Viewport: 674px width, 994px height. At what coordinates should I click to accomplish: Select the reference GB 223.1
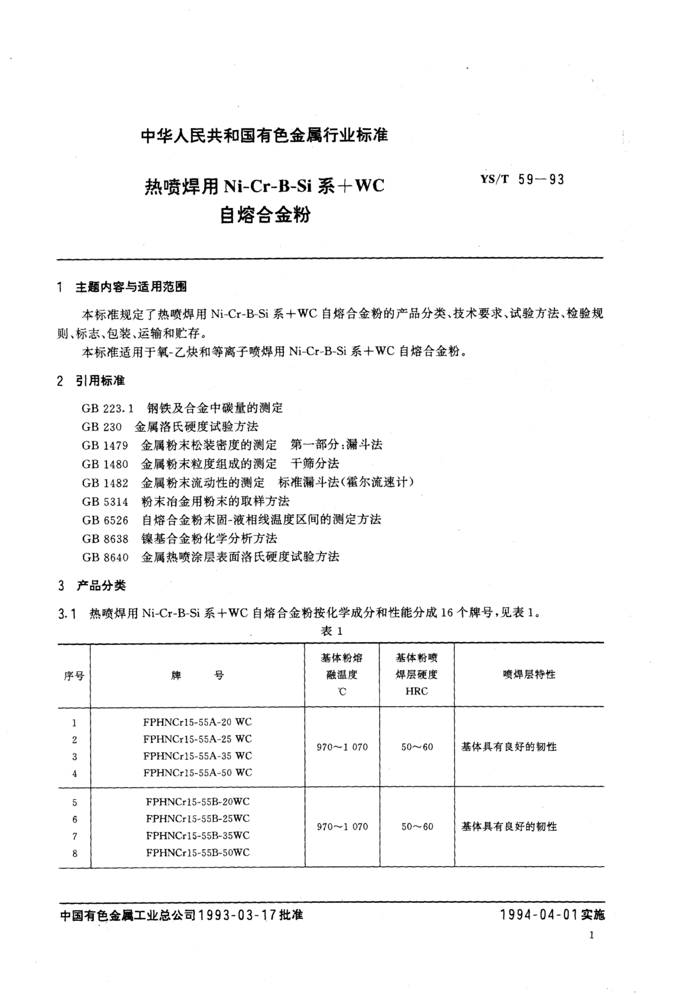click(107, 408)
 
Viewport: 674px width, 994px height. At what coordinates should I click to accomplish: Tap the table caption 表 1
click(331, 631)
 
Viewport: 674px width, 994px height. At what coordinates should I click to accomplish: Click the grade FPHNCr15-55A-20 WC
click(198, 722)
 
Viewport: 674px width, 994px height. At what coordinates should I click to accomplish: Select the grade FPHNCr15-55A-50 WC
click(198, 772)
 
